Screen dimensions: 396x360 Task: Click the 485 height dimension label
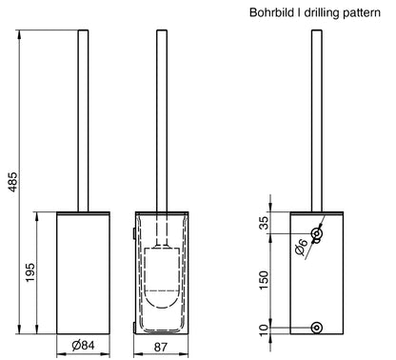13,182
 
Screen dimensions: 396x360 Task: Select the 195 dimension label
30,272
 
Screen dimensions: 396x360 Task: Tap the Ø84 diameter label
83,346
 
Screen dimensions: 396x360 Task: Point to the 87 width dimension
161,347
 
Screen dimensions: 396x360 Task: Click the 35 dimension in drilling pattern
264,223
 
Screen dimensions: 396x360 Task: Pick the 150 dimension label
264,280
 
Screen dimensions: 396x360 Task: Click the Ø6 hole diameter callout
301,248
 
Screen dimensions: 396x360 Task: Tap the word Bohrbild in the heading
271,12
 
